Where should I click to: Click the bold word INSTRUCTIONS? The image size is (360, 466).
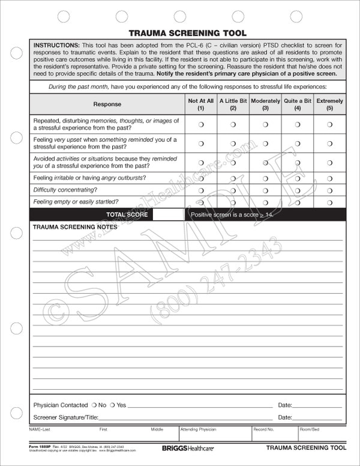pyautogui.click(x=56, y=46)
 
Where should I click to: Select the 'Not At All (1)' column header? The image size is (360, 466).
pyautogui.click(x=200, y=104)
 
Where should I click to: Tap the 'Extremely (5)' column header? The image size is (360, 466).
pyautogui.click(x=330, y=104)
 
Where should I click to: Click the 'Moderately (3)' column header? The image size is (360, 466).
pyautogui.click(x=265, y=104)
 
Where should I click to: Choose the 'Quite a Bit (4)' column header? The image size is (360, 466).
pyautogui.click(x=298, y=104)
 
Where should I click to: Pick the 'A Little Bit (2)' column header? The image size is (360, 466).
pyautogui.click(x=233, y=104)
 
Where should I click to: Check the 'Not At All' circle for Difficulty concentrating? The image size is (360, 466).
pyautogui.click(x=201, y=190)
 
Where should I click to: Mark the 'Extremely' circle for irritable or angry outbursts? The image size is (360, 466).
pyautogui.click(x=330, y=178)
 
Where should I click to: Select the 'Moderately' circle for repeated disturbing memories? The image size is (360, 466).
pyautogui.click(x=265, y=124)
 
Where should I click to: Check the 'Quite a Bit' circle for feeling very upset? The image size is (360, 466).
pyautogui.click(x=298, y=144)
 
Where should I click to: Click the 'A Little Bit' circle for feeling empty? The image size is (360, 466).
pyautogui.click(x=233, y=202)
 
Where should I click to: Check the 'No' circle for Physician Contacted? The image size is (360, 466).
pyautogui.click(x=94, y=405)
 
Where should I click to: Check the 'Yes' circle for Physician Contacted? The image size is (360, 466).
pyautogui.click(x=113, y=405)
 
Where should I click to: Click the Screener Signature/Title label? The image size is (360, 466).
pyautogui.click(x=65, y=417)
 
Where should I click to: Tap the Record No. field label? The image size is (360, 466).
pyautogui.click(x=263, y=430)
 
